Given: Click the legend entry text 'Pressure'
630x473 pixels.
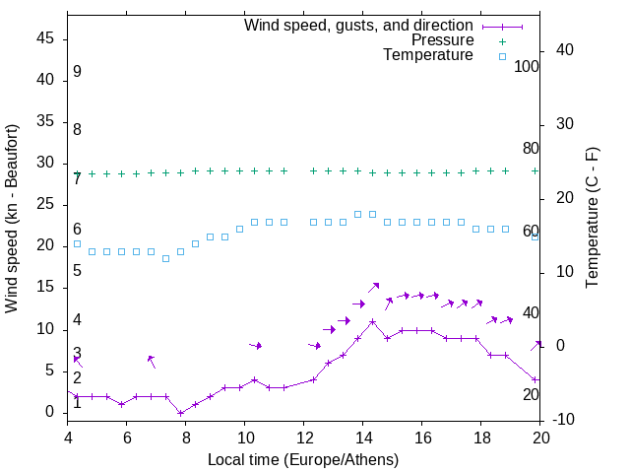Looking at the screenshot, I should [442, 40].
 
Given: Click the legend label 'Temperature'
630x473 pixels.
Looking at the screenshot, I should [428, 55].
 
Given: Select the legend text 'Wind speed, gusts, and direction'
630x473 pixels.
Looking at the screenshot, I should [359, 26].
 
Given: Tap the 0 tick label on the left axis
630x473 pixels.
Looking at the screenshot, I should [54, 412].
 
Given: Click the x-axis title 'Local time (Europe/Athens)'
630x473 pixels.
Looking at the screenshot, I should [304, 459].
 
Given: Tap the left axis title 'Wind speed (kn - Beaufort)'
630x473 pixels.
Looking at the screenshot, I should [12, 219].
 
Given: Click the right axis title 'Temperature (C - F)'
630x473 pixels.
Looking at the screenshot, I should [592, 219].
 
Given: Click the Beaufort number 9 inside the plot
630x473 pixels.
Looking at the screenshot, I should [77, 72].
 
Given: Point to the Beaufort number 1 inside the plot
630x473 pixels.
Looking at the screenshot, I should [77, 402].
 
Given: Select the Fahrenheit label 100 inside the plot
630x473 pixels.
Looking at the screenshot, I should [527, 66].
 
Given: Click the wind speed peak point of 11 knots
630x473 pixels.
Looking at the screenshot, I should [373, 321].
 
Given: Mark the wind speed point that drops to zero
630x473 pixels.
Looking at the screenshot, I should [181, 413].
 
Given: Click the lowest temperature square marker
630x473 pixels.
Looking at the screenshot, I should [166, 258].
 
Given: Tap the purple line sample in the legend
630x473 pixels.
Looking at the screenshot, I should [501, 26].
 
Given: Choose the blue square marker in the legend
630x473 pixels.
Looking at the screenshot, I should [501, 56].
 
